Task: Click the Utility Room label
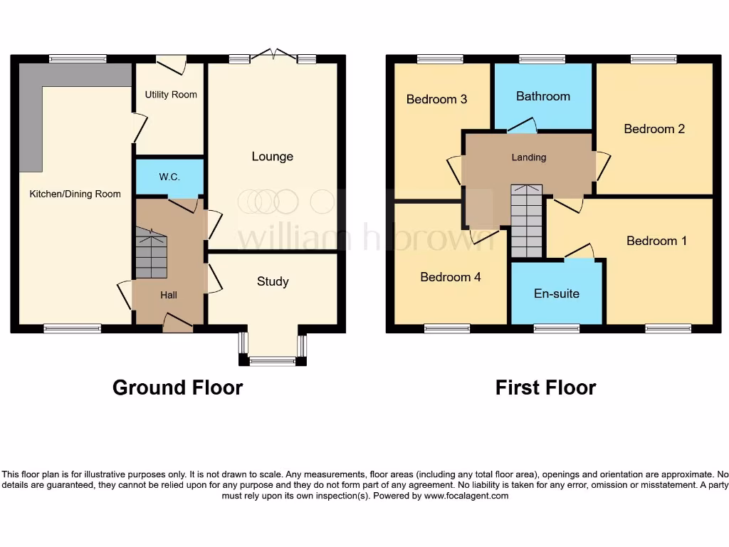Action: (x=171, y=95)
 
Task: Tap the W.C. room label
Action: (x=169, y=177)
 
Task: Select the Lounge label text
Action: (x=272, y=157)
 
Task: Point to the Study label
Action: (x=273, y=281)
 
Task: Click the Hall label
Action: (x=169, y=295)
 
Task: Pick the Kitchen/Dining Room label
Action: (x=75, y=194)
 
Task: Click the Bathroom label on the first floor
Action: (x=543, y=96)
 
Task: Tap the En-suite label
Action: (x=557, y=293)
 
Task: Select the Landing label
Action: (x=529, y=157)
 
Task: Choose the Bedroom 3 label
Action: (x=436, y=99)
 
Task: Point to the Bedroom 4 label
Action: (x=450, y=277)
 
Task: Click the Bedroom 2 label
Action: (x=654, y=129)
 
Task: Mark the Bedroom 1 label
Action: (x=656, y=241)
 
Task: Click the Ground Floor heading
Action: (x=177, y=387)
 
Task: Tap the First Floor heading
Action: (x=545, y=387)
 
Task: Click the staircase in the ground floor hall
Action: (x=151, y=254)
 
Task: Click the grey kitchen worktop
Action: (x=32, y=114)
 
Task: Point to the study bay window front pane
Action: (x=273, y=362)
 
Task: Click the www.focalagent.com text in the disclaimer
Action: (x=466, y=496)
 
